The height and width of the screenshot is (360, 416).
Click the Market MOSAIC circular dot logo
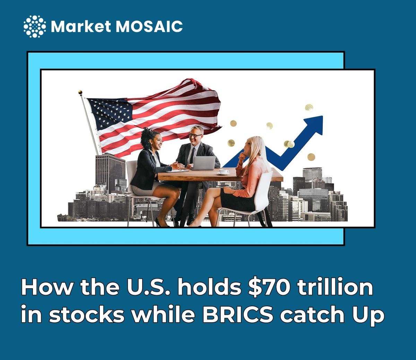point(35,26)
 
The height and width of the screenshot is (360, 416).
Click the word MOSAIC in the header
point(149,27)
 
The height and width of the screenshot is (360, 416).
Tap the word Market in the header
point(81,27)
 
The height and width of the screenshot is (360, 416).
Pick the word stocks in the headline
point(86,315)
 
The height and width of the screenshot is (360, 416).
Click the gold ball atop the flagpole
point(80,93)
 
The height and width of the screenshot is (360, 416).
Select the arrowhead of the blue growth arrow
point(314,125)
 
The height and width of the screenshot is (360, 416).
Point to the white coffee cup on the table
point(224,171)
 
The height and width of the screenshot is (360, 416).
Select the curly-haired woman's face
point(157,142)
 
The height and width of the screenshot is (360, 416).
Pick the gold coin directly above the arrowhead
point(309,108)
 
